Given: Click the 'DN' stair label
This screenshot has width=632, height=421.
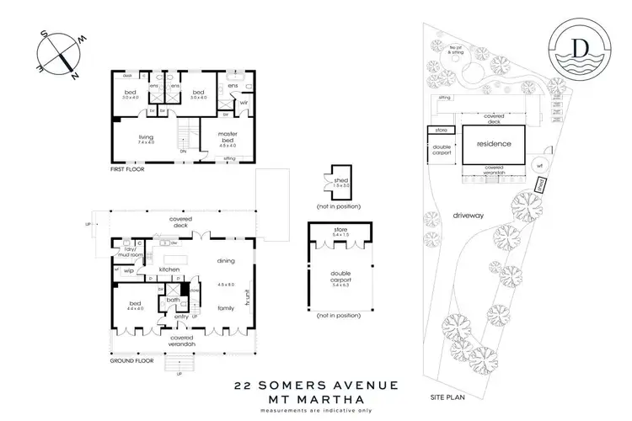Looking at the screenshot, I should click(x=185, y=152).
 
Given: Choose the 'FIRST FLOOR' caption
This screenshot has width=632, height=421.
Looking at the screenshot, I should click(x=128, y=169).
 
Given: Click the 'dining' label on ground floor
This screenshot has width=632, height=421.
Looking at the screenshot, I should click(x=226, y=260).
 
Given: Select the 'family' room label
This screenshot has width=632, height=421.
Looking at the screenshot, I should click(x=226, y=309).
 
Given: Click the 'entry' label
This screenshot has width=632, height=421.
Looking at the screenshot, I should click(x=182, y=317).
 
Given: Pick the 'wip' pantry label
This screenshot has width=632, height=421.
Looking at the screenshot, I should click(x=129, y=271).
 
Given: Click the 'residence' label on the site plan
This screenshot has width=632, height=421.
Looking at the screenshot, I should click(x=494, y=144).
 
